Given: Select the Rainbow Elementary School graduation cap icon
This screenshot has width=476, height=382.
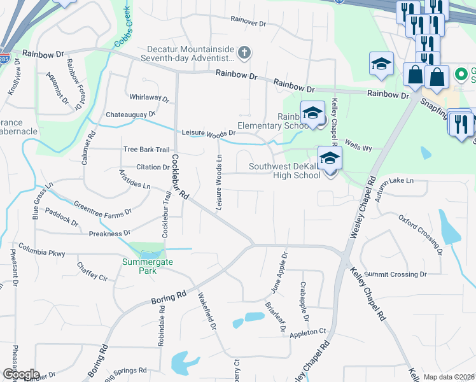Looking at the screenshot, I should (312, 112).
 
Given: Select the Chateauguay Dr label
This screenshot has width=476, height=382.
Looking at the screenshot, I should (134, 114).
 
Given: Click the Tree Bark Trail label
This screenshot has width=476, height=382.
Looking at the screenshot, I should (146, 150).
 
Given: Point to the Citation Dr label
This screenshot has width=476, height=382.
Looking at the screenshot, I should (152, 167).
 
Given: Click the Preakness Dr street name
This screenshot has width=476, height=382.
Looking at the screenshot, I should (109, 234).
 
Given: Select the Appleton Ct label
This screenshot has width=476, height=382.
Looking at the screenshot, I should (307, 332).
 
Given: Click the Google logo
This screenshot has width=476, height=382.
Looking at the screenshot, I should (21, 374).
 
